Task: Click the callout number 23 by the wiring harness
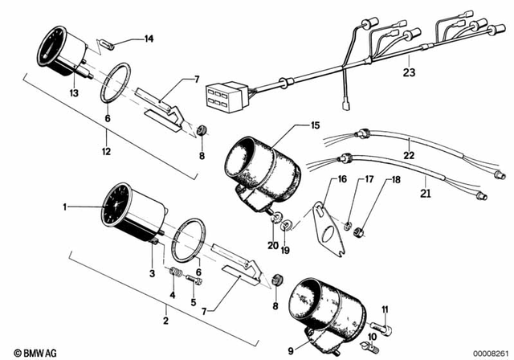point(410,71)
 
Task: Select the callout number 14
point(148,39)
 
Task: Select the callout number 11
point(385,309)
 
